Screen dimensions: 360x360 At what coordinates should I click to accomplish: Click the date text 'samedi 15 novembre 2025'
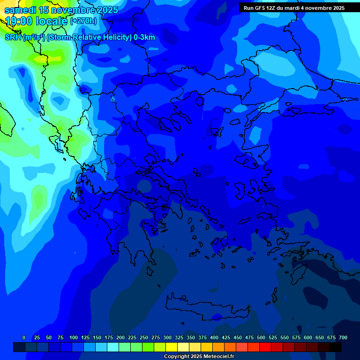[x=61, y=10]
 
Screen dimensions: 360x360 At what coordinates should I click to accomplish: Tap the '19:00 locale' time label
[x=37, y=21]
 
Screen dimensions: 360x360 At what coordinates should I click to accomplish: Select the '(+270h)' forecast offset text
[x=83, y=21]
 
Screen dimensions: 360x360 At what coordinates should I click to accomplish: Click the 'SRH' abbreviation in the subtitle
[x=13, y=38]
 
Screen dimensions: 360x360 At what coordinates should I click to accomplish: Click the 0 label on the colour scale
[x=24, y=337]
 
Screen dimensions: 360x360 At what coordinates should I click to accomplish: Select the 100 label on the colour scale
[x=74, y=337]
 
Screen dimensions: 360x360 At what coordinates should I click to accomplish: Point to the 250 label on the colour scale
[x=144, y=337]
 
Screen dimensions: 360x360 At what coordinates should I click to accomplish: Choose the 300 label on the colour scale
[x=167, y=337]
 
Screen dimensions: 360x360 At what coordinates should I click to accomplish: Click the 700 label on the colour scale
[x=343, y=337]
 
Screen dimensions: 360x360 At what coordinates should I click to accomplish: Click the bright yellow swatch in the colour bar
[x=172, y=347]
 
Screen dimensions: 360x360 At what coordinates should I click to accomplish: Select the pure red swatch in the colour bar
[x=265, y=347]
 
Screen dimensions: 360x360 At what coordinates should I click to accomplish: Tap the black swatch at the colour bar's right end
[x=336, y=347]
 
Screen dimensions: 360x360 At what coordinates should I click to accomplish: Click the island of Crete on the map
[x=206, y=305]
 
